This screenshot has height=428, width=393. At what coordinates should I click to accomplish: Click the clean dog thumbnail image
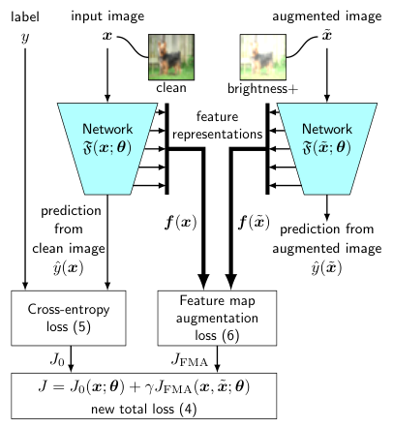pyautogui.click(x=171, y=57)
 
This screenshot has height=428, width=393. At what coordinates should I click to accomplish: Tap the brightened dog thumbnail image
pyautogui.click(x=263, y=57)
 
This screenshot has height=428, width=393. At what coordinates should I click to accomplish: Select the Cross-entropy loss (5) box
pyautogui.click(x=69, y=319)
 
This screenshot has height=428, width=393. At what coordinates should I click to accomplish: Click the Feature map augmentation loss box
pyautogui.click(x=217, y=319)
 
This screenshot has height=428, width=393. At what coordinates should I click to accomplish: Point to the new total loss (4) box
pyautogui.click(x=144, y=396)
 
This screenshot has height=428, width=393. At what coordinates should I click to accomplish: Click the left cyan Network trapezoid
pyautogui.click(x=107, y=149)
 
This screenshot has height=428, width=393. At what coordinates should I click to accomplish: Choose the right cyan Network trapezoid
pyautogui.click(x=327, y=149)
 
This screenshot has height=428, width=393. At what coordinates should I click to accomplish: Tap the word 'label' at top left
pyautogui.click(x=25, y=16)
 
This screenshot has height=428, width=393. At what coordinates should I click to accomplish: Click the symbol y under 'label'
pyautogui.click(x=25, y=38)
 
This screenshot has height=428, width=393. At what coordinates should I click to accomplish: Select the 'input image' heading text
pyautogui.click(x=107, y=16)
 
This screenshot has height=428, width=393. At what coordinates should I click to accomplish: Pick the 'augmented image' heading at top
pyautogui.click(x=327, y=16)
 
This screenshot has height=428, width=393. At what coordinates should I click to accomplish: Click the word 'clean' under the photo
pyautogui.click(x=171, y=87)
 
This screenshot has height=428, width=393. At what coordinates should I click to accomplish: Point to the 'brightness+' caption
pyautogui.click(x=262, y=88)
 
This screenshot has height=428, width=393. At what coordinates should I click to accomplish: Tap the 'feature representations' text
pyautogui.click(x=217, y=125)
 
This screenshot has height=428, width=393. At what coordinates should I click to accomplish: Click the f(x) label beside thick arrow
pyautogui.click(x=180, y=223)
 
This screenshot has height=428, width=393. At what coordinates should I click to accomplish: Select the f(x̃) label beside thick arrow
pyautogui.click(x=254, y=223)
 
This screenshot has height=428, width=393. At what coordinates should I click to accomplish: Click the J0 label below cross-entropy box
pyautogui.click(x=57, y=359)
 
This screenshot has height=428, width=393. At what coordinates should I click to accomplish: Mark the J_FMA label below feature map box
pyautogui.click(x=190, y=359)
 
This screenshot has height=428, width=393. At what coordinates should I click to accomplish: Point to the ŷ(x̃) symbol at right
pyautogui.click(x=326, y=267)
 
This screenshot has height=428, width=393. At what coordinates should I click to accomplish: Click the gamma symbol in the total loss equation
pyautogui.click(x=149, y=388)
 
